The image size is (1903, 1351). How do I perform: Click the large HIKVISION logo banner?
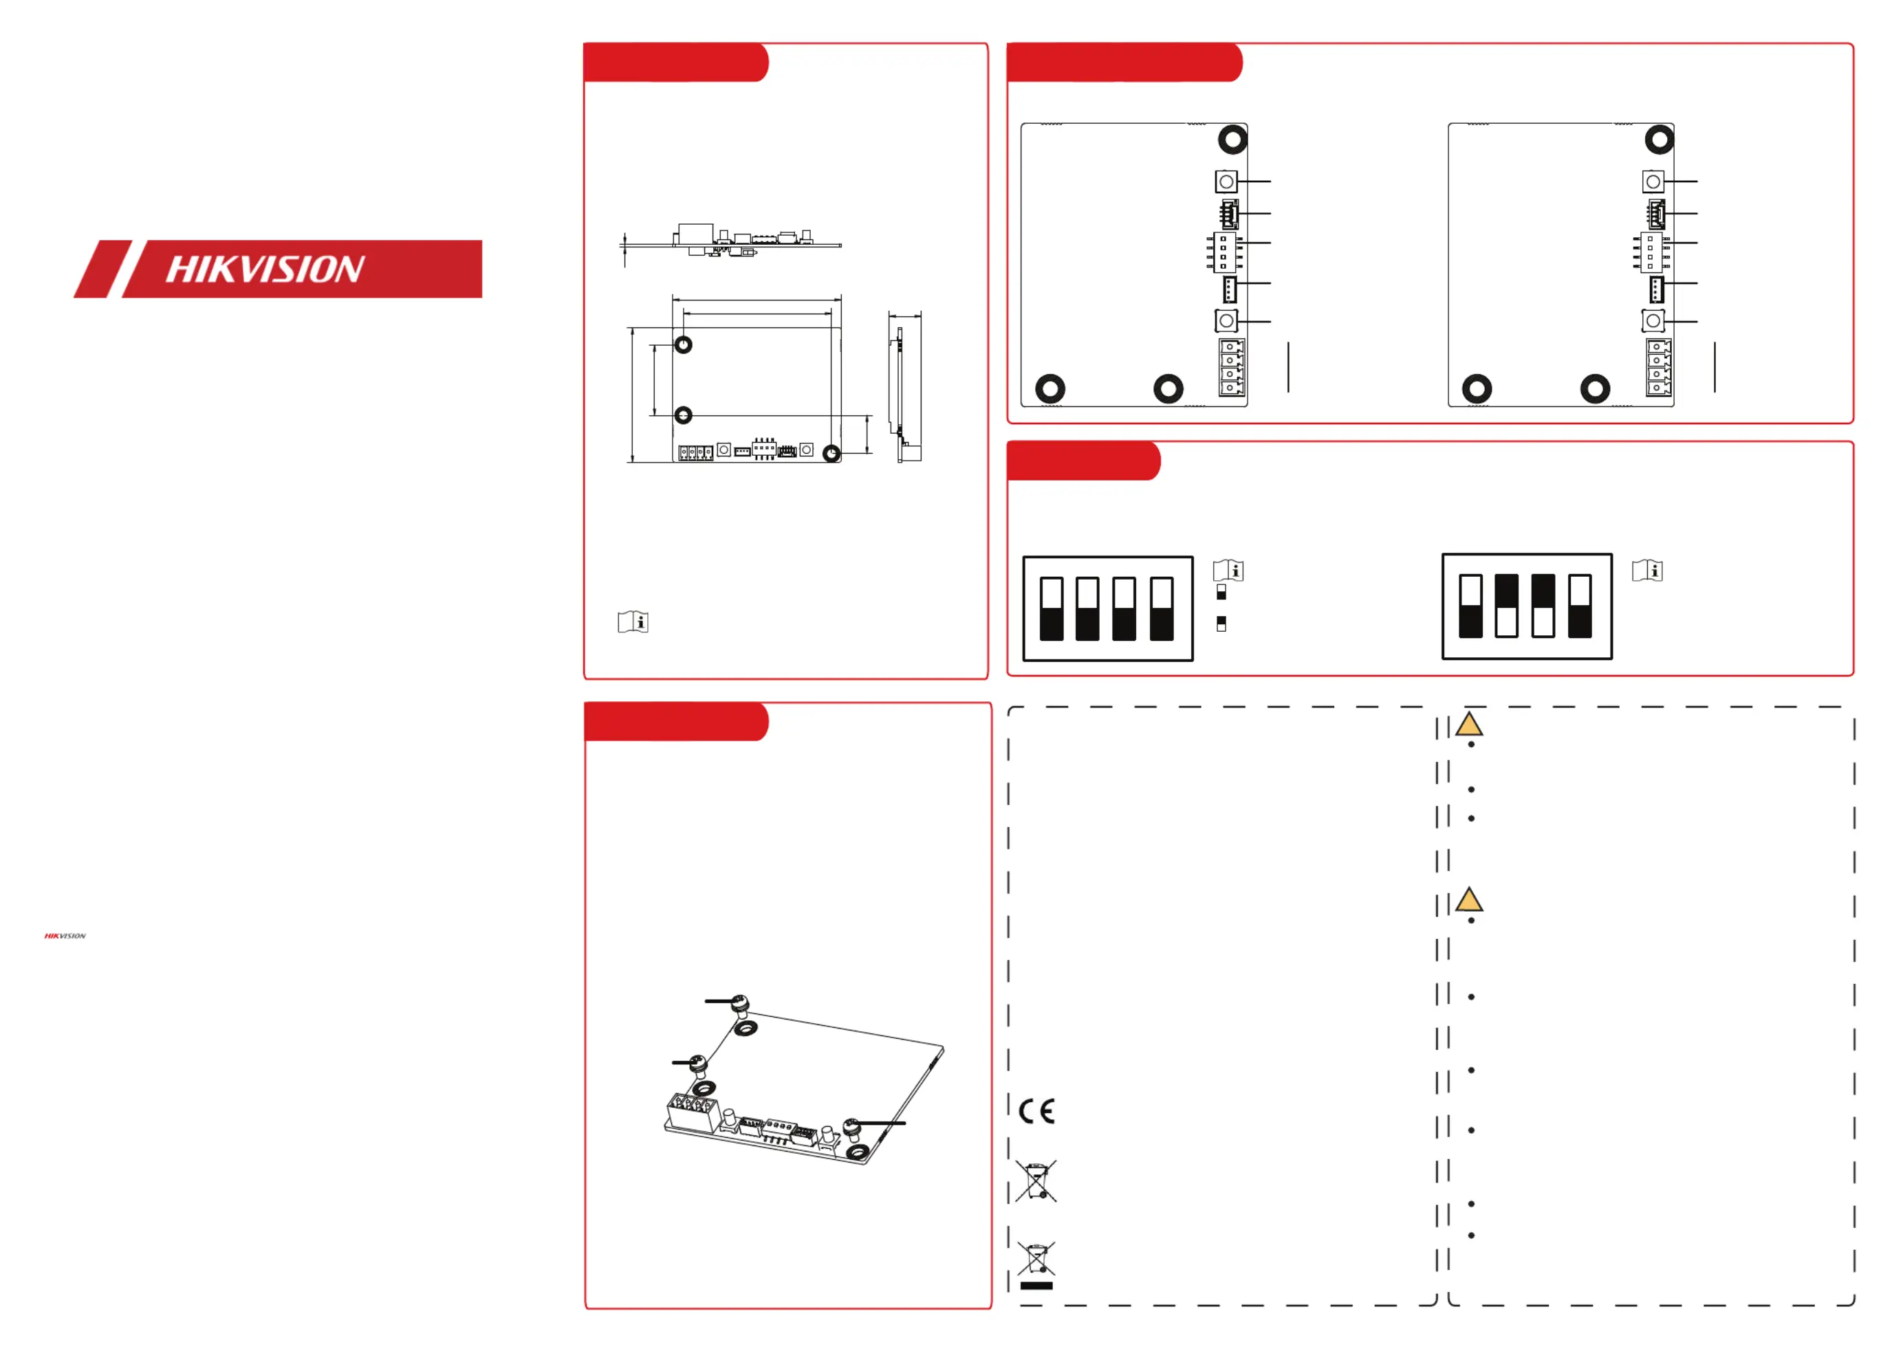[278, 269]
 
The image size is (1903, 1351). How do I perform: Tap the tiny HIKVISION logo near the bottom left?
[65, 936]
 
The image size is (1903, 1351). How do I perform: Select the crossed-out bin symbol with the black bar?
[1036, 1264]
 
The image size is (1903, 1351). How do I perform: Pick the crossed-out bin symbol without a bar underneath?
[1036, 1180]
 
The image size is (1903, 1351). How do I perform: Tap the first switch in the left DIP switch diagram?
[1052, 609]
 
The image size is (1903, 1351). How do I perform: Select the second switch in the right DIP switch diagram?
[1507, 606]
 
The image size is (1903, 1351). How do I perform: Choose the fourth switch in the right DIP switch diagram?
[1580, 606]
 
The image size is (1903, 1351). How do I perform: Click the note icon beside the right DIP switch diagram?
[1648, 571]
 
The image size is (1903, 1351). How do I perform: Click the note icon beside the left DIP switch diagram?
[1228, 571]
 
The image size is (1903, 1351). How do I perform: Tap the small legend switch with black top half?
[1221, 624]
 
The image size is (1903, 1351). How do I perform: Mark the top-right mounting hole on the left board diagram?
[1232, 139]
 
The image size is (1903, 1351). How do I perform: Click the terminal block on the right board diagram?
[1658, 367]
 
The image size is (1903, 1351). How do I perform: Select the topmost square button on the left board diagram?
[1226, 182]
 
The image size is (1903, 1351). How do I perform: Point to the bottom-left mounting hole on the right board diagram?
[1477, 388]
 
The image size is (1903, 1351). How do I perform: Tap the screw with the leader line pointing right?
[851, 1128]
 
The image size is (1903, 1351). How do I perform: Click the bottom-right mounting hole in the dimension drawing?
[831, 453]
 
